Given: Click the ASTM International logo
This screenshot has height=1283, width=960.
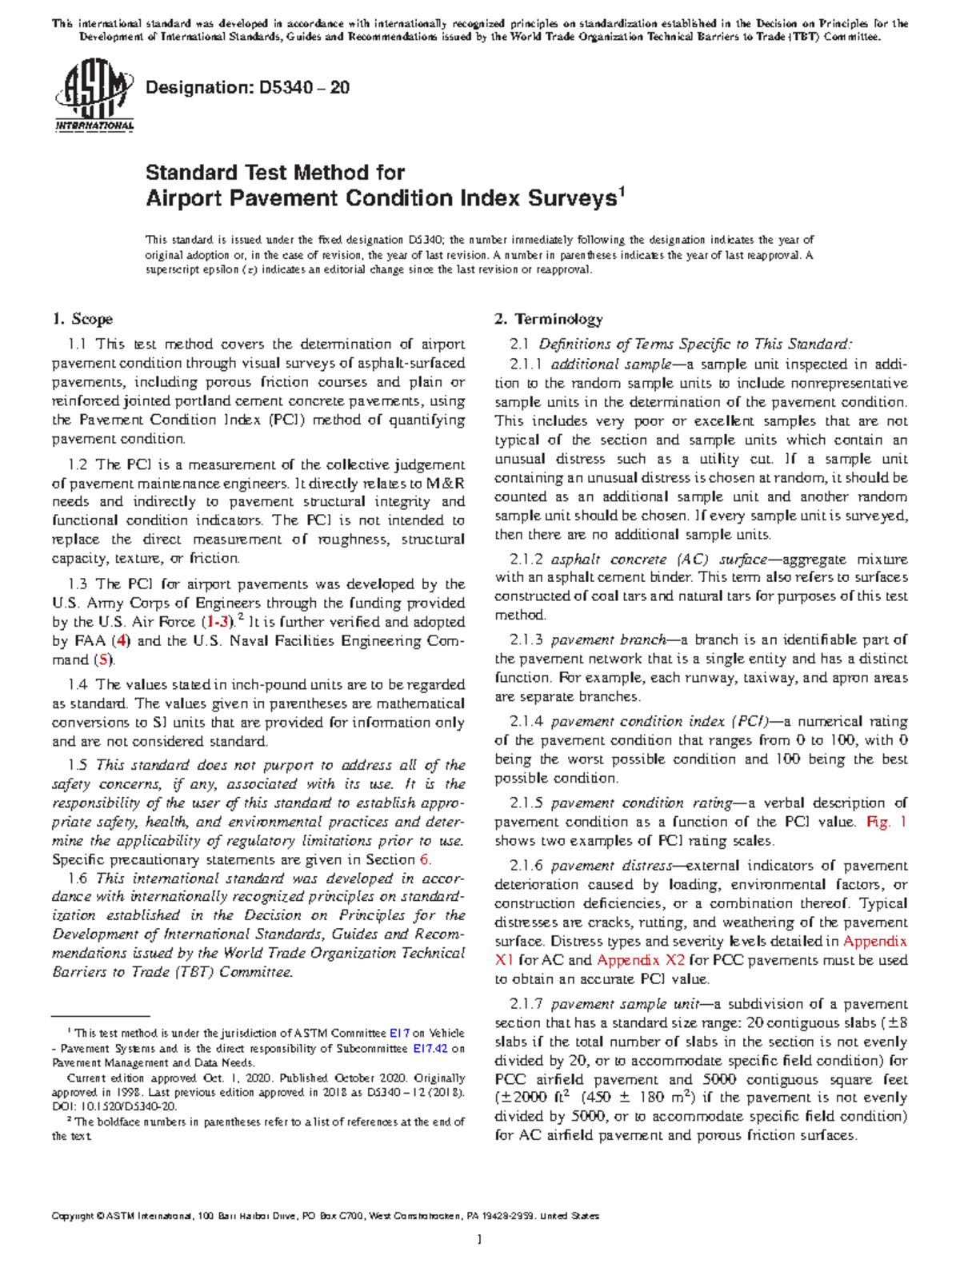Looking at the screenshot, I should click(94, 100).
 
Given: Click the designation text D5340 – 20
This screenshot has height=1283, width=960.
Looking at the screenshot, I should click(247, 88).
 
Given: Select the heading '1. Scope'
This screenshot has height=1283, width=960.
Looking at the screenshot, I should click(82, 319).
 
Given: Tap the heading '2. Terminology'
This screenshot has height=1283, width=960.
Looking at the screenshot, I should click(548, 319).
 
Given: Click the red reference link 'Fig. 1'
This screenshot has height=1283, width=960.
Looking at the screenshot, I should click(886, 822).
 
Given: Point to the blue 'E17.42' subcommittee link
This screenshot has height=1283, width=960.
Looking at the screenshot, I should click(430, 1048).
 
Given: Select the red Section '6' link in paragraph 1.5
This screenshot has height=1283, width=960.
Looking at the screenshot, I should click(424, 860).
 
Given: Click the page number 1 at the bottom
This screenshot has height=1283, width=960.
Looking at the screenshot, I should click(479, 1241).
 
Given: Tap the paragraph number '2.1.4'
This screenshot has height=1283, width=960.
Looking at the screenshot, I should click(526, 721).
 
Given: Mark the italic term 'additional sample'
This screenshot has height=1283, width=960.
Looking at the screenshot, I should click(610, 365).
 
